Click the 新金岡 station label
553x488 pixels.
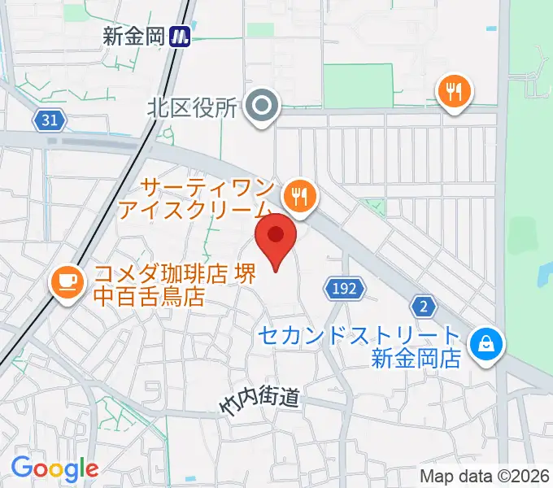coord(134,36)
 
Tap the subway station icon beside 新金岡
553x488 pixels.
coord(181,36)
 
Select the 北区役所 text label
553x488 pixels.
coord(192,107)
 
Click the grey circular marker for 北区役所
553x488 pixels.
coord(263,107)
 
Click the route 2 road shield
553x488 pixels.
coord(424,306)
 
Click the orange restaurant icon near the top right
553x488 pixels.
coord(454,90)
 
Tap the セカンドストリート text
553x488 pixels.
coord(360,333)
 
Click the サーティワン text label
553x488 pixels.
coord(203,188)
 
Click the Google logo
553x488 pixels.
coord(54,468)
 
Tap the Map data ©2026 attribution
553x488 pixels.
coord(485,477)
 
